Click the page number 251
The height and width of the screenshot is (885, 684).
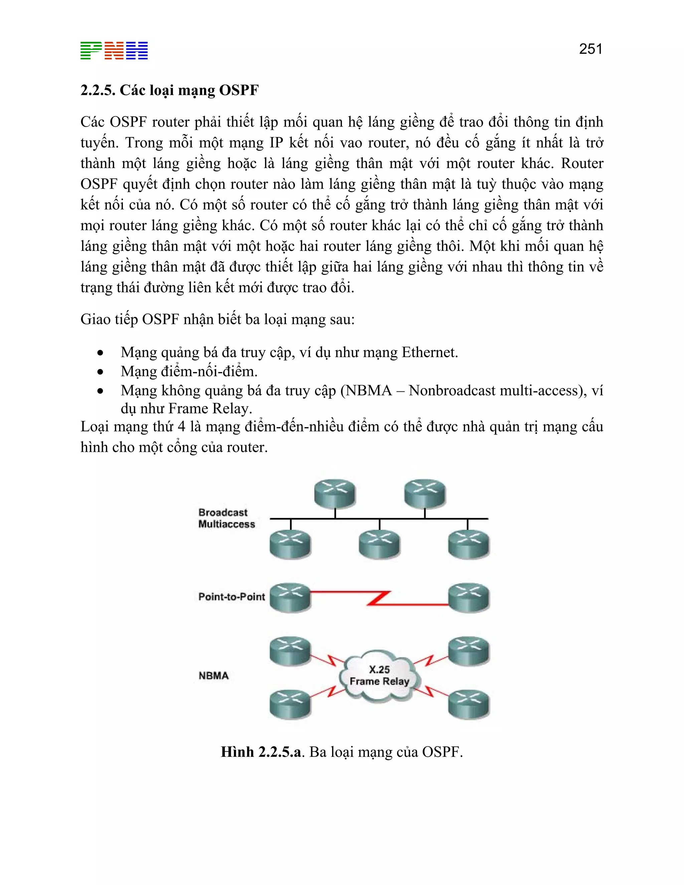(590, 49)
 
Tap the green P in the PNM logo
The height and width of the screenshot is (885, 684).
(91, 51)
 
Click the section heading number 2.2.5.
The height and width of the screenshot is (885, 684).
(98, 90)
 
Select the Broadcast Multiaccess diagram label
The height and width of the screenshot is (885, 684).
(226, 518)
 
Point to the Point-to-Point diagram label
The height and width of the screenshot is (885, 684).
(231, 596)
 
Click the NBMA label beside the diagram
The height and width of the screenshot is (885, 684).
(213, 676)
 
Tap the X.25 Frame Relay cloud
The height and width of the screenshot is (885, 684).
(379, 676)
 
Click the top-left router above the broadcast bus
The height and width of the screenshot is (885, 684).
(335, 493)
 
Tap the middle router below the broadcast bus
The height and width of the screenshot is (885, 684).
(379, 544)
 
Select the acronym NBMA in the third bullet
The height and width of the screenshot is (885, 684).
(369, 391)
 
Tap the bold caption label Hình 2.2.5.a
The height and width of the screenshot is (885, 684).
(262, 752)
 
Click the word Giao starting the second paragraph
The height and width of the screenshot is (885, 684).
(93, 320)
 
